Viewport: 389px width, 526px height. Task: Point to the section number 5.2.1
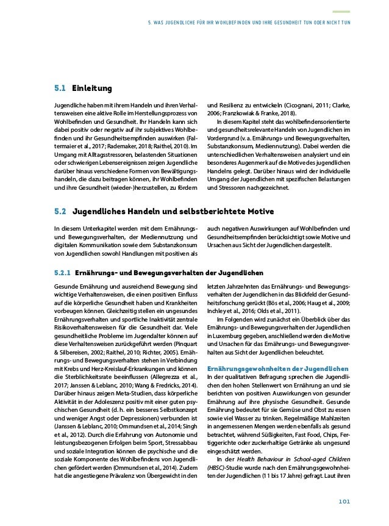(62, 272)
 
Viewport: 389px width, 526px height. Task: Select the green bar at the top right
(340, 10)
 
